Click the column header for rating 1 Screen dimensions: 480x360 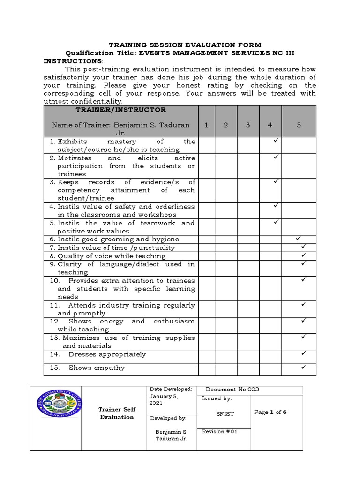point(207,125)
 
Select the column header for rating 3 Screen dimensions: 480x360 point(248,125)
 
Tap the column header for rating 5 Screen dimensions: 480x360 point(299,125)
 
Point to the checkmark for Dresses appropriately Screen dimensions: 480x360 point(303,352)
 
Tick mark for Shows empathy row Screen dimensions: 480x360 point(303,366)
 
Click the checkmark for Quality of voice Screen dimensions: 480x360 point(303,255)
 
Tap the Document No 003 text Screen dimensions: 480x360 point(232,390)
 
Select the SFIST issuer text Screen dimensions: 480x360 point(225,414)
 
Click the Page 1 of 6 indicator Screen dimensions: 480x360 point(270,412)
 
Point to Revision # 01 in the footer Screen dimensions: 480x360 point(220,432)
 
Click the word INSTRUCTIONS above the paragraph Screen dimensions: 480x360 point(73,61)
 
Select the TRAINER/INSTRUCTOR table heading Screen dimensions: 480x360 point(121,110)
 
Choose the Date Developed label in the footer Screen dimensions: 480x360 point(171,389)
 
